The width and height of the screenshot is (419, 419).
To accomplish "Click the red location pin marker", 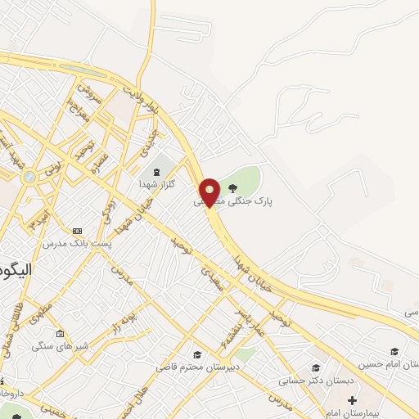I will [210, 191].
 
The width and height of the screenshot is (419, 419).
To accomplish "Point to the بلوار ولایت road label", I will [141, 96].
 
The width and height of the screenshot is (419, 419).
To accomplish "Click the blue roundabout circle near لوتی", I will [29, 177].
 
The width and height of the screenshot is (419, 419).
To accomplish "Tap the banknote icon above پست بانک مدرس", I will [78, 231].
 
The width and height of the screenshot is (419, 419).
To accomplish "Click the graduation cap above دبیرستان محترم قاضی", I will [196, 354].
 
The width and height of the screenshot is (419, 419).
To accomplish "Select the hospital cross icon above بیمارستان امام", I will [352, 401].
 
